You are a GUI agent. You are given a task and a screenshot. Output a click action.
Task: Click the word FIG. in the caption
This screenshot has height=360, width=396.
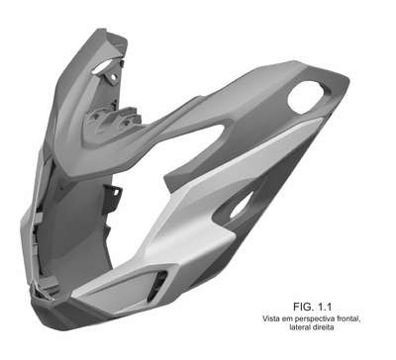(x=303, y=307)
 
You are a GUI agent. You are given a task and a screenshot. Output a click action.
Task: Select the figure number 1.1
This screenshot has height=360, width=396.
(x=323, y=307)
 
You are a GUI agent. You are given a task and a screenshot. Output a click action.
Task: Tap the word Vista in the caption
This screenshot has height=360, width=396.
(x=270, y=318)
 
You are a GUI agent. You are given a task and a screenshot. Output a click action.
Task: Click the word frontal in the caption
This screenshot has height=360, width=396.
(x=347, y=318)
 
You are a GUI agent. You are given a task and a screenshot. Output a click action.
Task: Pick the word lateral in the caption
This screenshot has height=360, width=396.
(x=299, y=327)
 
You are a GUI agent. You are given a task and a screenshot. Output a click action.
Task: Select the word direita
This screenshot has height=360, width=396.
(x=323, y=327)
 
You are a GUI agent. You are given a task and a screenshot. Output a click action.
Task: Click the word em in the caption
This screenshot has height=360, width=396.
(x=284, y=319)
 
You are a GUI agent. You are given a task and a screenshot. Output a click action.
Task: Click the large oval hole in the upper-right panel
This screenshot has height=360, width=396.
(x=306, y=98)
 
